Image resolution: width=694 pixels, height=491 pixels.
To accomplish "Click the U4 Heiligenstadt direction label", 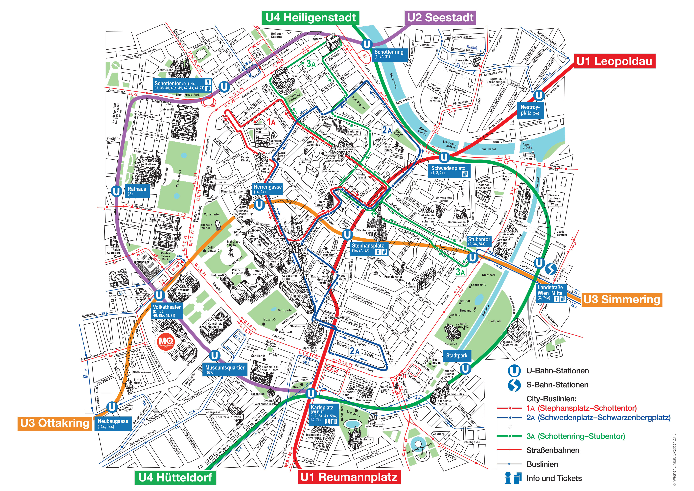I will (x=311, y=17).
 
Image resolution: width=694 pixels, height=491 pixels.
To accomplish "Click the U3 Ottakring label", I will (x=55, y=423).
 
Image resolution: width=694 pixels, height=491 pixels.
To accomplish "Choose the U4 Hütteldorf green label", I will (x=175, y=477).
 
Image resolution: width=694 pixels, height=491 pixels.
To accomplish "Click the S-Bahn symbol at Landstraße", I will (x=550, y=269).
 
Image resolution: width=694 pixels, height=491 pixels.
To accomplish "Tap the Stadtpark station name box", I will (x=456, y=356).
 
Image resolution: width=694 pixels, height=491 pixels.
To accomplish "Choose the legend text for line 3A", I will (x=575, y=436).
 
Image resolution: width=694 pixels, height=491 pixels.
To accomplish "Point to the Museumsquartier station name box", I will (x=225, y=369).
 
